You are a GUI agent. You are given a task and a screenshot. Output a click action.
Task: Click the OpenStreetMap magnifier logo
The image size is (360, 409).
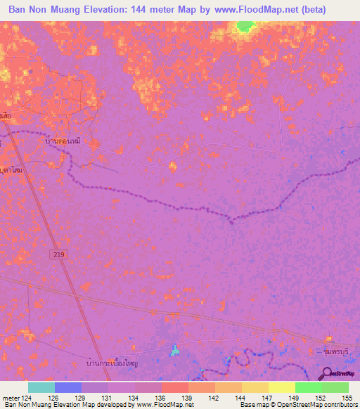(328, 375)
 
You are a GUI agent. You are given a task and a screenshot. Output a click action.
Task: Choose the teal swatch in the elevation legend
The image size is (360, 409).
(41, 387)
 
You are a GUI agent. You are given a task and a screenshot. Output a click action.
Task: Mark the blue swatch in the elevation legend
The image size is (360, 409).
(68, 387)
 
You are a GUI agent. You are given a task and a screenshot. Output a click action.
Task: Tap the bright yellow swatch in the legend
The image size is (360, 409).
(281, 387)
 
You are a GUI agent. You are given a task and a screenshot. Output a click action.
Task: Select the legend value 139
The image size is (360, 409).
(187, 397)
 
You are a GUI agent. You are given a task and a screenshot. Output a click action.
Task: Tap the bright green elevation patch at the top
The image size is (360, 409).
(245, 27)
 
